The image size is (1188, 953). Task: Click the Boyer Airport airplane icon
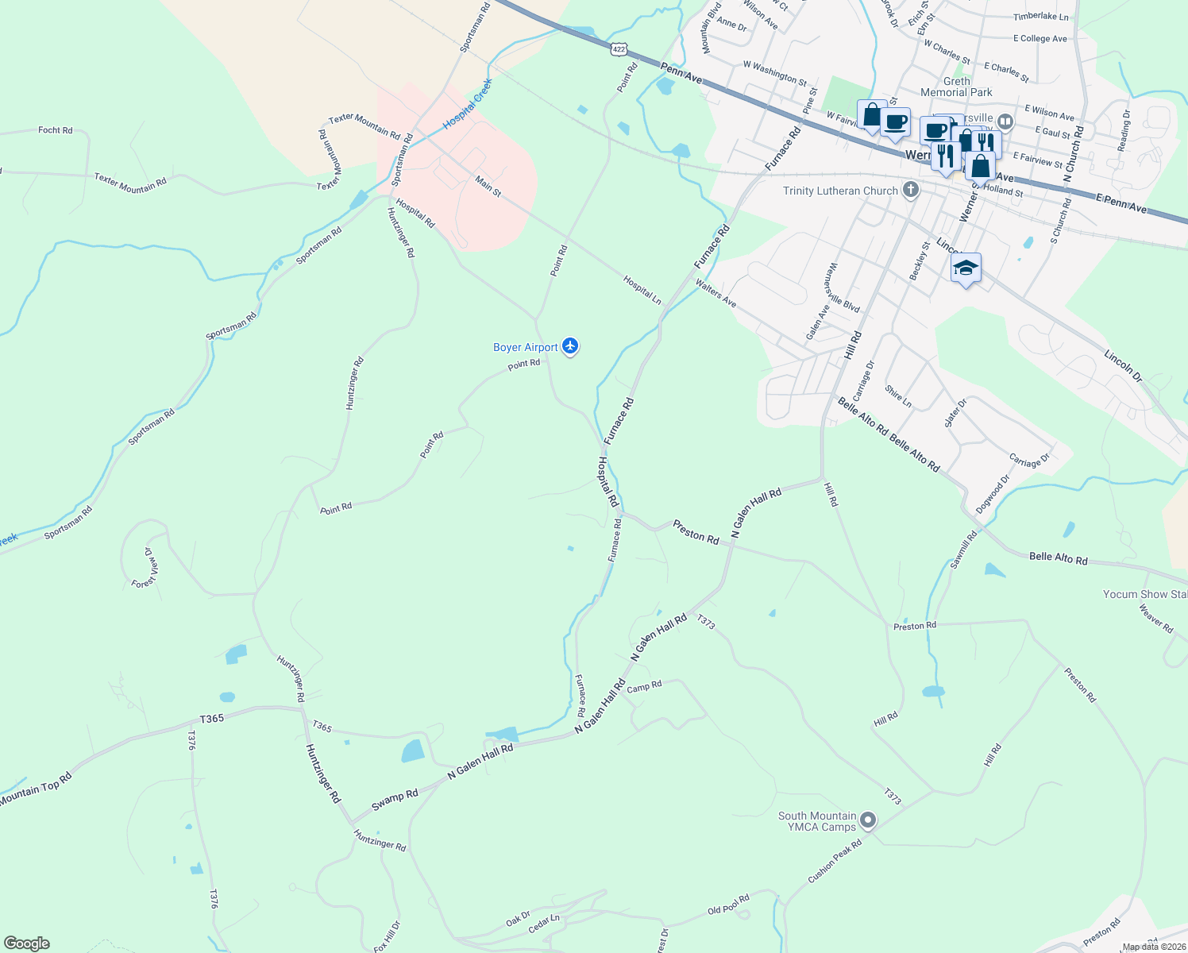pyautogui.click(x=570, y=346)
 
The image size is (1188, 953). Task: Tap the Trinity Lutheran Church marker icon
pyautogui.click(x=911, y=190)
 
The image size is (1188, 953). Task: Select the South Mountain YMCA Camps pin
pyautogui.click(x=867, y=820)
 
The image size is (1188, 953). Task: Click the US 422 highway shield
pyautogui.click(x=619, y=49)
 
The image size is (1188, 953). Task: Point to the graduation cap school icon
pyautogui.click(x=966, y=268)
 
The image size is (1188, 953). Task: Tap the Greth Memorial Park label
pyautogui.click(x=956, y=87)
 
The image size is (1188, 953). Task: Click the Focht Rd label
pyautogui.click(x=55, y=130)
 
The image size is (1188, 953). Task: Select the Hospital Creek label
pyautogui.click(x=468, y=104)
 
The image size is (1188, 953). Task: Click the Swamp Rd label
pyautogui.click(x=395, y=800)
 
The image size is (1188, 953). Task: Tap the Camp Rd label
pyautogui.click(x=644, y=686)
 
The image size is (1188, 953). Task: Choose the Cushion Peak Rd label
pyautogui.click(x=835, y=862)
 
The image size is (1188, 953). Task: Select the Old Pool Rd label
pyautogui.click(x=728, y=905)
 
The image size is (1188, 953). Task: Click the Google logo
pyautogui.click(x=27, y=943)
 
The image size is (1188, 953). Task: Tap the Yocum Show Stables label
pyautogui.click(x=1144, y=594)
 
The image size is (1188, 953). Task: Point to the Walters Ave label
pyautogui.click(x=715, y=293)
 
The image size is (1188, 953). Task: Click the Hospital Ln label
pyautogui.click(x=642, y=290)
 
